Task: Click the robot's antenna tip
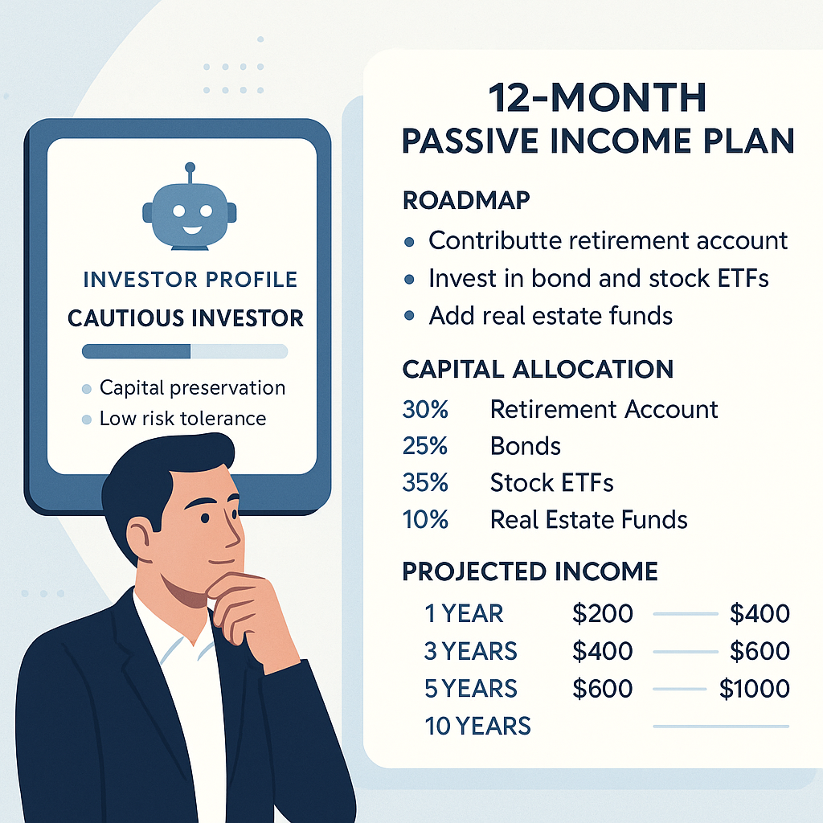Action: (x=190, y=167)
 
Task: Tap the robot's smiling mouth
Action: (x=191, y=230)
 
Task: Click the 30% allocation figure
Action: (x=425, y=409)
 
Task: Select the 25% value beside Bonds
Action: (x=424, y=446)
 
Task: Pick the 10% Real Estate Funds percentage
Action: (x=425, y=520)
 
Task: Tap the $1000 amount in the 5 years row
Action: (x=754, y=689)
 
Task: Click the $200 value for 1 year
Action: (x=603, y=613)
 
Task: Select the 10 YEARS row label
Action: (x=477, y=726)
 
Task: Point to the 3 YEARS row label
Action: (x=471, y=651)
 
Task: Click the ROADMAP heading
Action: (x=466, y=200)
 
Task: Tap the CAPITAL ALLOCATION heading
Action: (x=538, y=369)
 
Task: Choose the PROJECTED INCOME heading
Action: (x=530, y=571)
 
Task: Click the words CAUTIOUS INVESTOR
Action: (x=186, y=318)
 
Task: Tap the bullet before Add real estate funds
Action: (x=409, y=316)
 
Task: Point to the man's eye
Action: (x=205, y=518)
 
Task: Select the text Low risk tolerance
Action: (x=182, y=418)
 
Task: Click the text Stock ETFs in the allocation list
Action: (x=551, y=483)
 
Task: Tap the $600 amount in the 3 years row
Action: (x=760, y=651)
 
